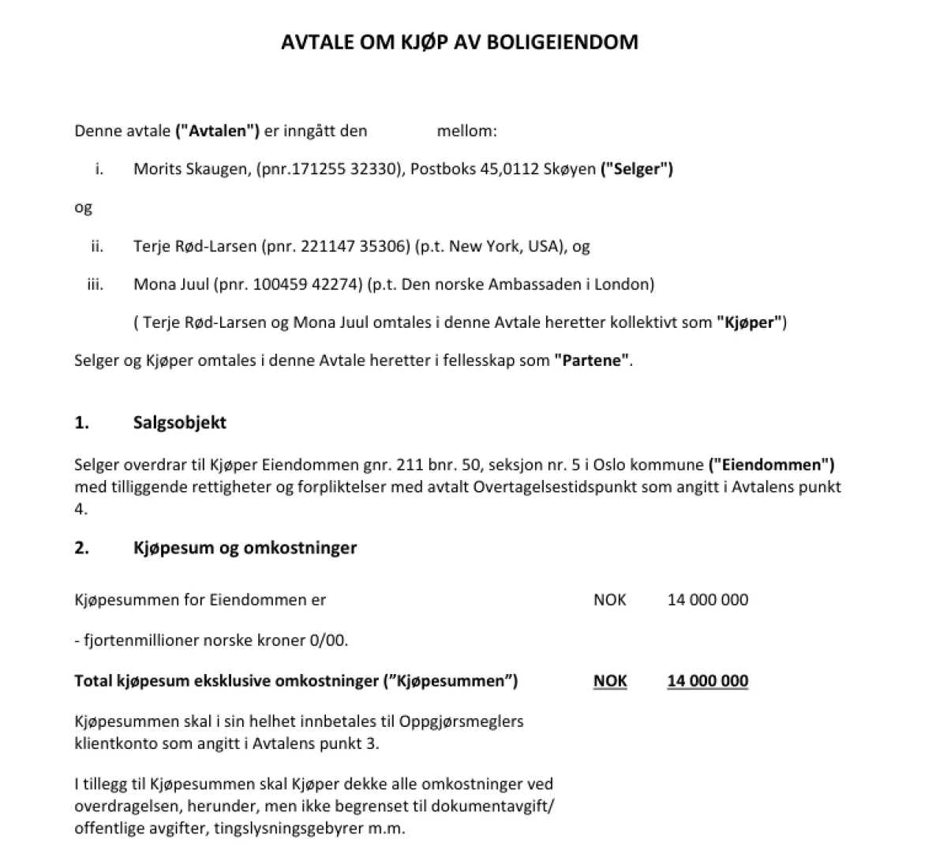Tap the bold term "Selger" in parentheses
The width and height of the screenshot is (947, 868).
click(x=637, y=169)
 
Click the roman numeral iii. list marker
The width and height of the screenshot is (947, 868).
click(x=95, y=284)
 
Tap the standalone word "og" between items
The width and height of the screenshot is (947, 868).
click(x=83, y=207)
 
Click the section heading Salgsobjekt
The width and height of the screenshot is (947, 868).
click(x=180, y=423)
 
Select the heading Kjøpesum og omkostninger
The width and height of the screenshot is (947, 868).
click(x=245, y=547)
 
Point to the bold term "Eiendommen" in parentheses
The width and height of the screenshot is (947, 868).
click(x=771, y=465)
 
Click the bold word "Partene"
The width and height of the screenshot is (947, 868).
click(x=592, y=361)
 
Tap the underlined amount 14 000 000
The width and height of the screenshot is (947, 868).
click(x=707, y=681)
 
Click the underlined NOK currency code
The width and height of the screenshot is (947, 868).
click(x=610, y=681)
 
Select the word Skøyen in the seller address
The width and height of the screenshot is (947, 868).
click(x=570, y=169)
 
